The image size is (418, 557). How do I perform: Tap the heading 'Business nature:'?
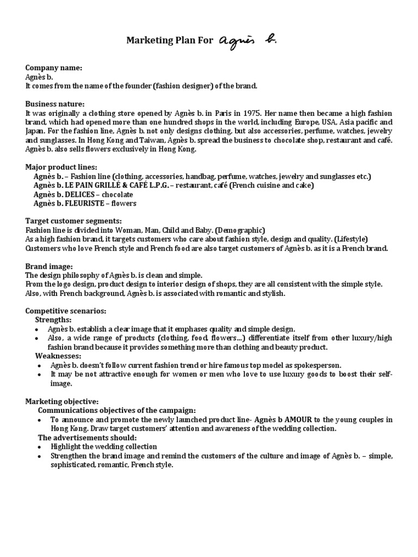(x=55, y=104)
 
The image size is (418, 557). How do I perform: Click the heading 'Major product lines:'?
(x=61, y=167)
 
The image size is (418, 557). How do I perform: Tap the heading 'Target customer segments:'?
(x=73, y=221)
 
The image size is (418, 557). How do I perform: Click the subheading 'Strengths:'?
(x=53, y=320)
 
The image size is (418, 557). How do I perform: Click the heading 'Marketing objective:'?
(x=62, y=401)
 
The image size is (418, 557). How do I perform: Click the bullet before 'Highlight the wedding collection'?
(x=36, y=447)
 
